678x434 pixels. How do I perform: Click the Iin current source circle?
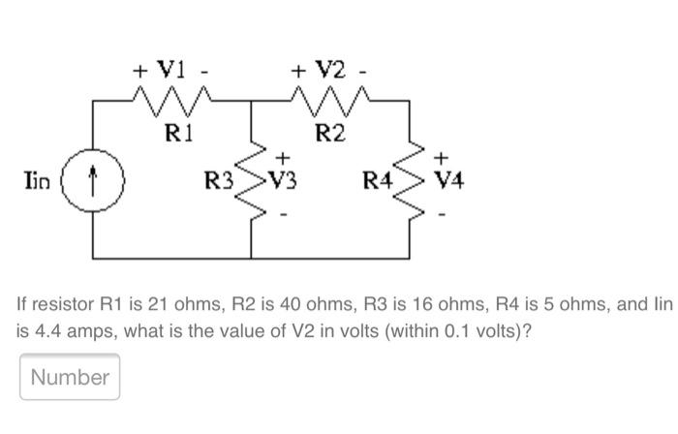pos(94,179)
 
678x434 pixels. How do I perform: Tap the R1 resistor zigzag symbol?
pos(171,99)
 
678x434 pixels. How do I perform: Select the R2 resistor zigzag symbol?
pos(331,99)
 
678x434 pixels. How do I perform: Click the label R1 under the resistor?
pos(172,132)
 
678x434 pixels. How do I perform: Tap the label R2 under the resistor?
pos(331,132)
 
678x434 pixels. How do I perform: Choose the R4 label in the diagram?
pos(378,179)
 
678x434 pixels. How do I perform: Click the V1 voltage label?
pos(171,70)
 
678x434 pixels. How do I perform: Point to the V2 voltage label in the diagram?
pos(331,70)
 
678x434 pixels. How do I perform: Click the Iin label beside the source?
pos(38,179)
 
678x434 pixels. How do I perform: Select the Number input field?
pos(70,377)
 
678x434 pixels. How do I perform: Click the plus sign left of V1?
pos(140,71)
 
